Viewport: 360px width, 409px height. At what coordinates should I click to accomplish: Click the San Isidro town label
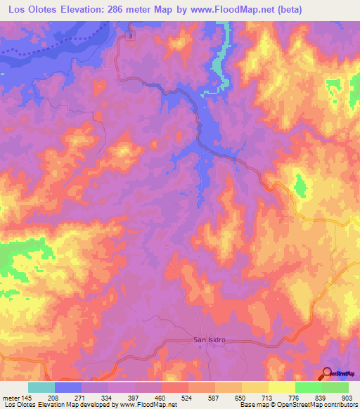click(207, 341)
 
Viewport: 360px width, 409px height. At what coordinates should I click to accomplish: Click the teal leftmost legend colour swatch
click(41, 387)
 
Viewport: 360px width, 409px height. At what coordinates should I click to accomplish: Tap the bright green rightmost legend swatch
click(335, 387)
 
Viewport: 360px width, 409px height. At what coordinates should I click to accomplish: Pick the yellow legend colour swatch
click(281, 387)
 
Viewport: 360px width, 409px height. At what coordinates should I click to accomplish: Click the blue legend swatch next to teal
click(68, 387)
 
